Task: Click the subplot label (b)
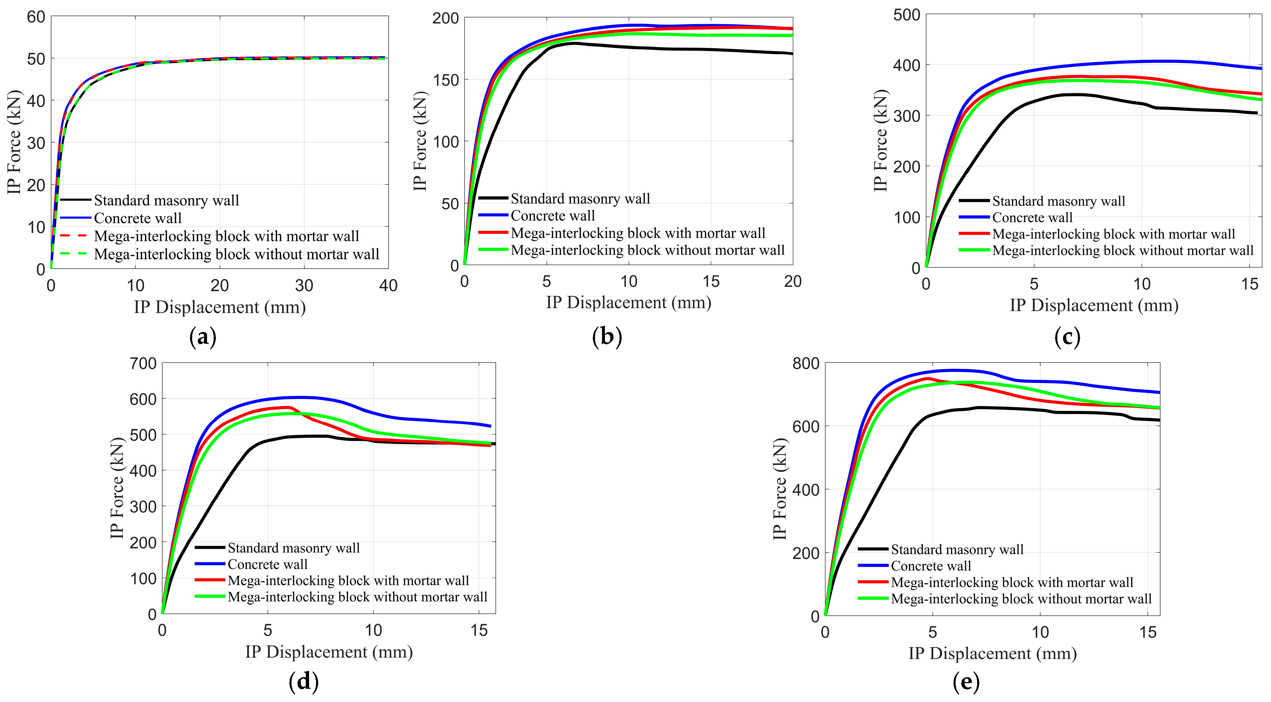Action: tap(607, 337)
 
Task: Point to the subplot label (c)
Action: tap(1067, 337)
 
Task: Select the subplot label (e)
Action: tap(967, 682)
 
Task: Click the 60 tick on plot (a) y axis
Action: tap(36, 17)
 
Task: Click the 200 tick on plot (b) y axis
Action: tap(445, 18)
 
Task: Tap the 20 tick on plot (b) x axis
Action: tap(793, 281)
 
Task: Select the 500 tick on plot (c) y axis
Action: tap(907, 15)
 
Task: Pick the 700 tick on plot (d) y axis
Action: tap(143, 363)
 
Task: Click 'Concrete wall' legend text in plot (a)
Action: tap(138, 218)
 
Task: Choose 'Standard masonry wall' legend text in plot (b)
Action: tap(580, 198)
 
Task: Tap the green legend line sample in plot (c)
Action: tap(974, 250)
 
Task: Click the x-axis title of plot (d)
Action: tap(329, 652)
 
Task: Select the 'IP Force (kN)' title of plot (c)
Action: tap(880, 141)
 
